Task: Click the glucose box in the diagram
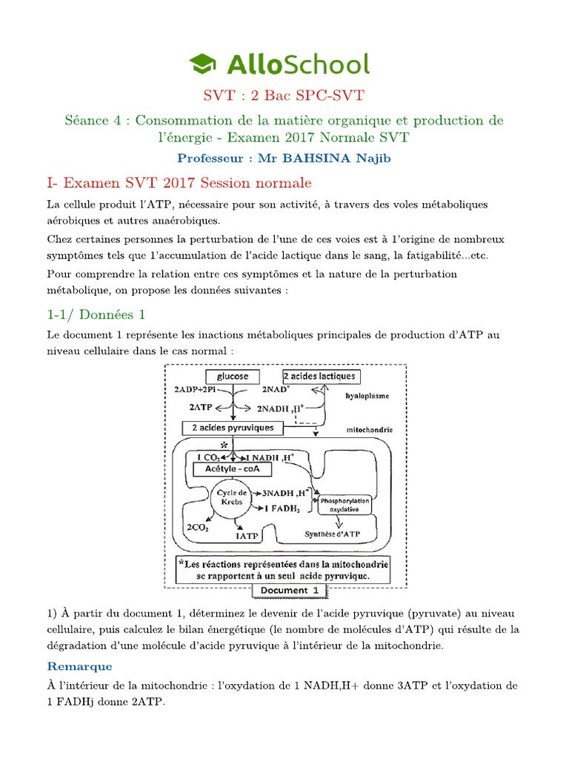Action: [232, 377]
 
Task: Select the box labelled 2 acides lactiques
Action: [320, 377]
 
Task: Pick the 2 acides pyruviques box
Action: [231, 428]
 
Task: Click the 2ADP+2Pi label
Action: [195, 390]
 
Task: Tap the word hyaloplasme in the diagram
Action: [367, 397]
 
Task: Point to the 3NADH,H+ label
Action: [283, 492]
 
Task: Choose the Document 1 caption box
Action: [289, 590]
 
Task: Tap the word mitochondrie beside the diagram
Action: [369, 430]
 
